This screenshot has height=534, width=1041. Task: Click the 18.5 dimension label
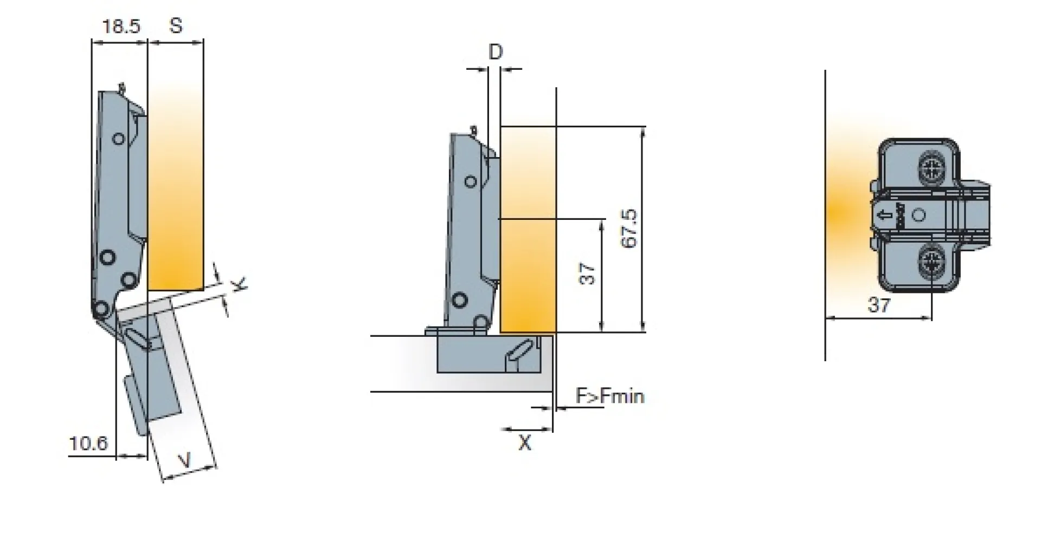tap(121, 26)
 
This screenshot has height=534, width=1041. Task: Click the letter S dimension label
tap(176, 25)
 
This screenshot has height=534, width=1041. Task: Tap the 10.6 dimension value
tap(88, 444)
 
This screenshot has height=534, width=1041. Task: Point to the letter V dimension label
tap(185, 461)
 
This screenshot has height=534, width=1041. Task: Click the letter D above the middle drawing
tap(496, 52)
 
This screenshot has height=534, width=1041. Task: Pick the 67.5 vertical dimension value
tap(629, 229)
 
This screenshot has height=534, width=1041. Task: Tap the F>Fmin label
tap(610, 396)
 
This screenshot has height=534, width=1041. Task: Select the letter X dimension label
tap(525, 444)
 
